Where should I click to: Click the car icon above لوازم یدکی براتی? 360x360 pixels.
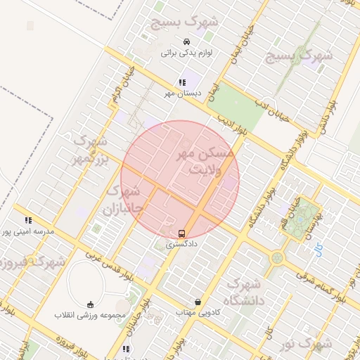(186, 41)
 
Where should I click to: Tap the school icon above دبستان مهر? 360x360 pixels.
(183, 82)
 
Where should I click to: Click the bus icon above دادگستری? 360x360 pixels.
(182, 233)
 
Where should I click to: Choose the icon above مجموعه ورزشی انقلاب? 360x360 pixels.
(90, 304)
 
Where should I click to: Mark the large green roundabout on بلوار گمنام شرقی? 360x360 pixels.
(277, 258)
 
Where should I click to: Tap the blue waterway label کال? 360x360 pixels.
(320, 247)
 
